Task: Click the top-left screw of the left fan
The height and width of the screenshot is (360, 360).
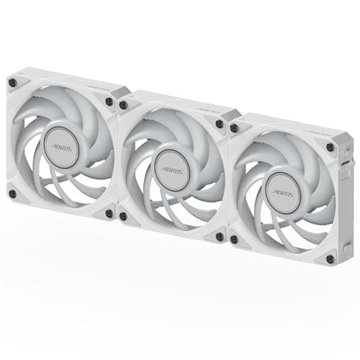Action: [x=12, y=82]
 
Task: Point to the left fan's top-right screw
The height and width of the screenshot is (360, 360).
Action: [x=109, y=102]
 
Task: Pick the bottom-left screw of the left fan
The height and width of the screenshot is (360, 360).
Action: [x=12, y=194]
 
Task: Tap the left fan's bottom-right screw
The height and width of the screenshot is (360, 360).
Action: [x=109, y=214]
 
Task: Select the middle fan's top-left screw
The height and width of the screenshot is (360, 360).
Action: [x=124, y=105]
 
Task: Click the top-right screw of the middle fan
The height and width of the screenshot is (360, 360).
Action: [x=220, y=124]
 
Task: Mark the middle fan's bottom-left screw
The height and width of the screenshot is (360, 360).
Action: [x=123, y=216]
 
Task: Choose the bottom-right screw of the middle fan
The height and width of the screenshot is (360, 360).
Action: [x=219, y=237]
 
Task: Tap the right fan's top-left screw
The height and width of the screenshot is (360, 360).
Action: [x=234, y=128]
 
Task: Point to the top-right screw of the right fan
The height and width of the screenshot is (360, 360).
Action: [x=330, y=148]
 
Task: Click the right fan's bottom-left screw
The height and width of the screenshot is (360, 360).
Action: [x=233, y=239]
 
